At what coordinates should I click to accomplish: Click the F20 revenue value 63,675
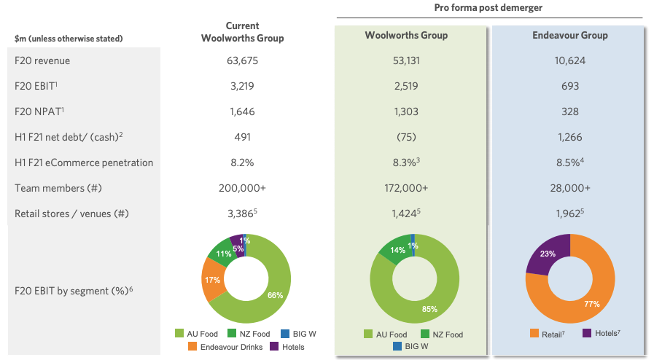[243, 60]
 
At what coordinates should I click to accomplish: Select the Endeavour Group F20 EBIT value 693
[570, 86]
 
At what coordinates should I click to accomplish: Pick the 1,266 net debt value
[570, 137]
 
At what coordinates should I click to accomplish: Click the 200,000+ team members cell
[243, 188]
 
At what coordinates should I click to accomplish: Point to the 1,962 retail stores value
[569, 214]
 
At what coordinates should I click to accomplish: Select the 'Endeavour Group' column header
[570, 35]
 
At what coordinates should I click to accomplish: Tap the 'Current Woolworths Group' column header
[243, 32]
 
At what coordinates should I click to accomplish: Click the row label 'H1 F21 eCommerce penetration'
[84, 163]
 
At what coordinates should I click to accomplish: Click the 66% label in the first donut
[273, 295]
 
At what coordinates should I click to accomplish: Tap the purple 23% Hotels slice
[546, 254]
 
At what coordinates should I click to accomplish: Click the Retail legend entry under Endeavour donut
[548, 334]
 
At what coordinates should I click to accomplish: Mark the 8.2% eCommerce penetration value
[243, 163]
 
